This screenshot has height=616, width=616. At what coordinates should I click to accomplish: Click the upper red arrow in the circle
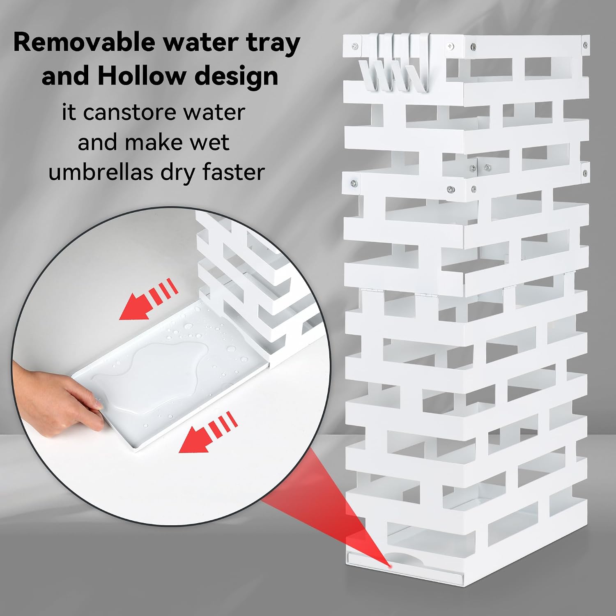(x=148, y=298)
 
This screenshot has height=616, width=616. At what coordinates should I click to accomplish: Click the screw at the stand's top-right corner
(x=583, y=43)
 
